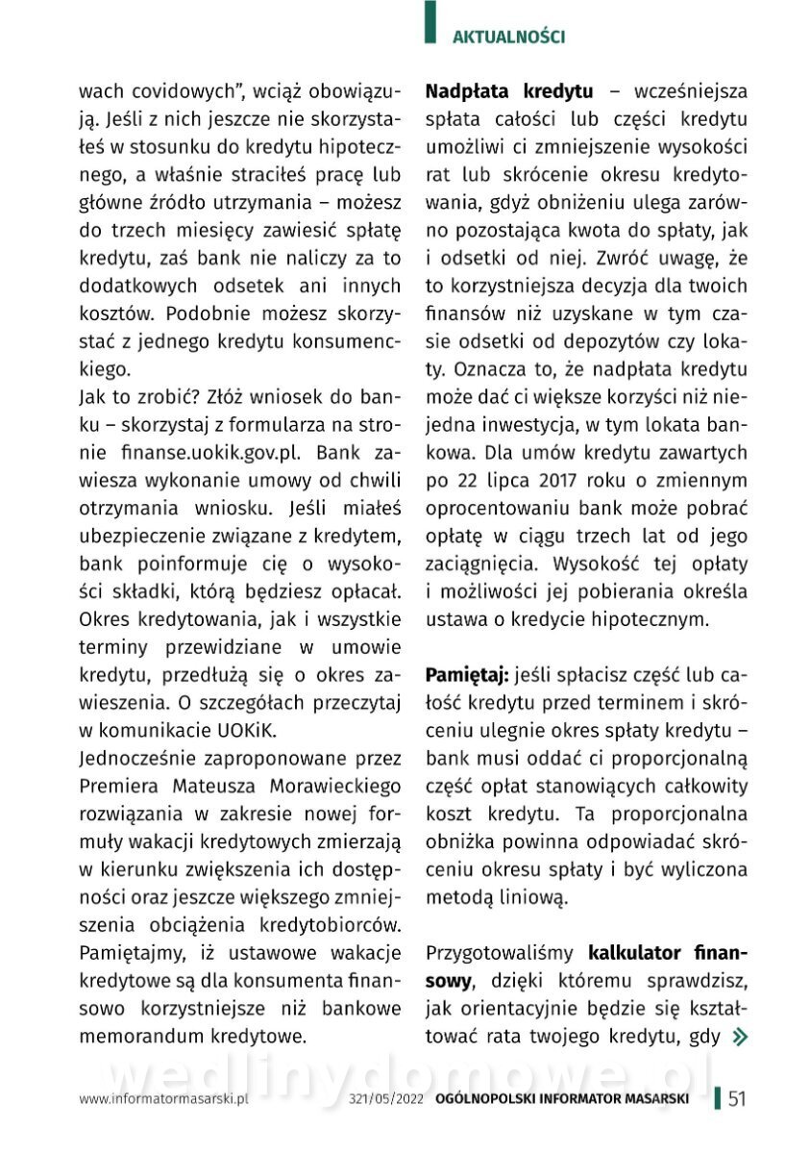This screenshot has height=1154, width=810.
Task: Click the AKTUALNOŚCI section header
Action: [508, 38]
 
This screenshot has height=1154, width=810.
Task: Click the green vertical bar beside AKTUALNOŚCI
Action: [430, 23]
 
